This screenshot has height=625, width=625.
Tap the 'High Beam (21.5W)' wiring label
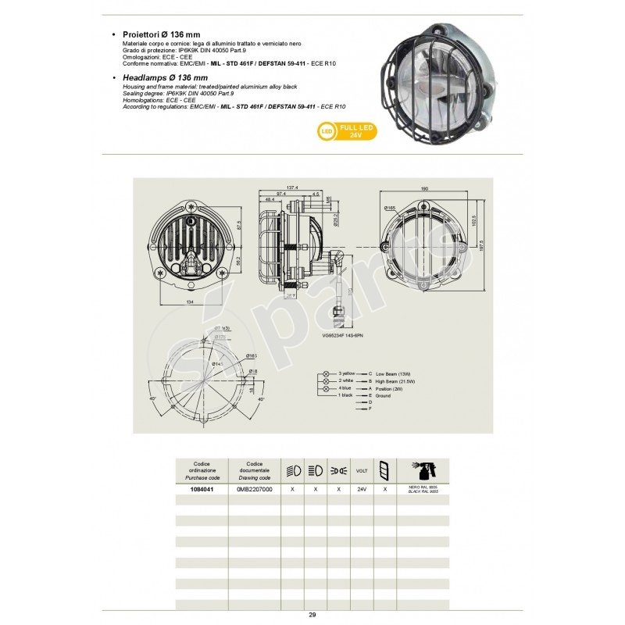(x=399, y=381)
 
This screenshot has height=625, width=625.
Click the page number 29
(x=312, y=616)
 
